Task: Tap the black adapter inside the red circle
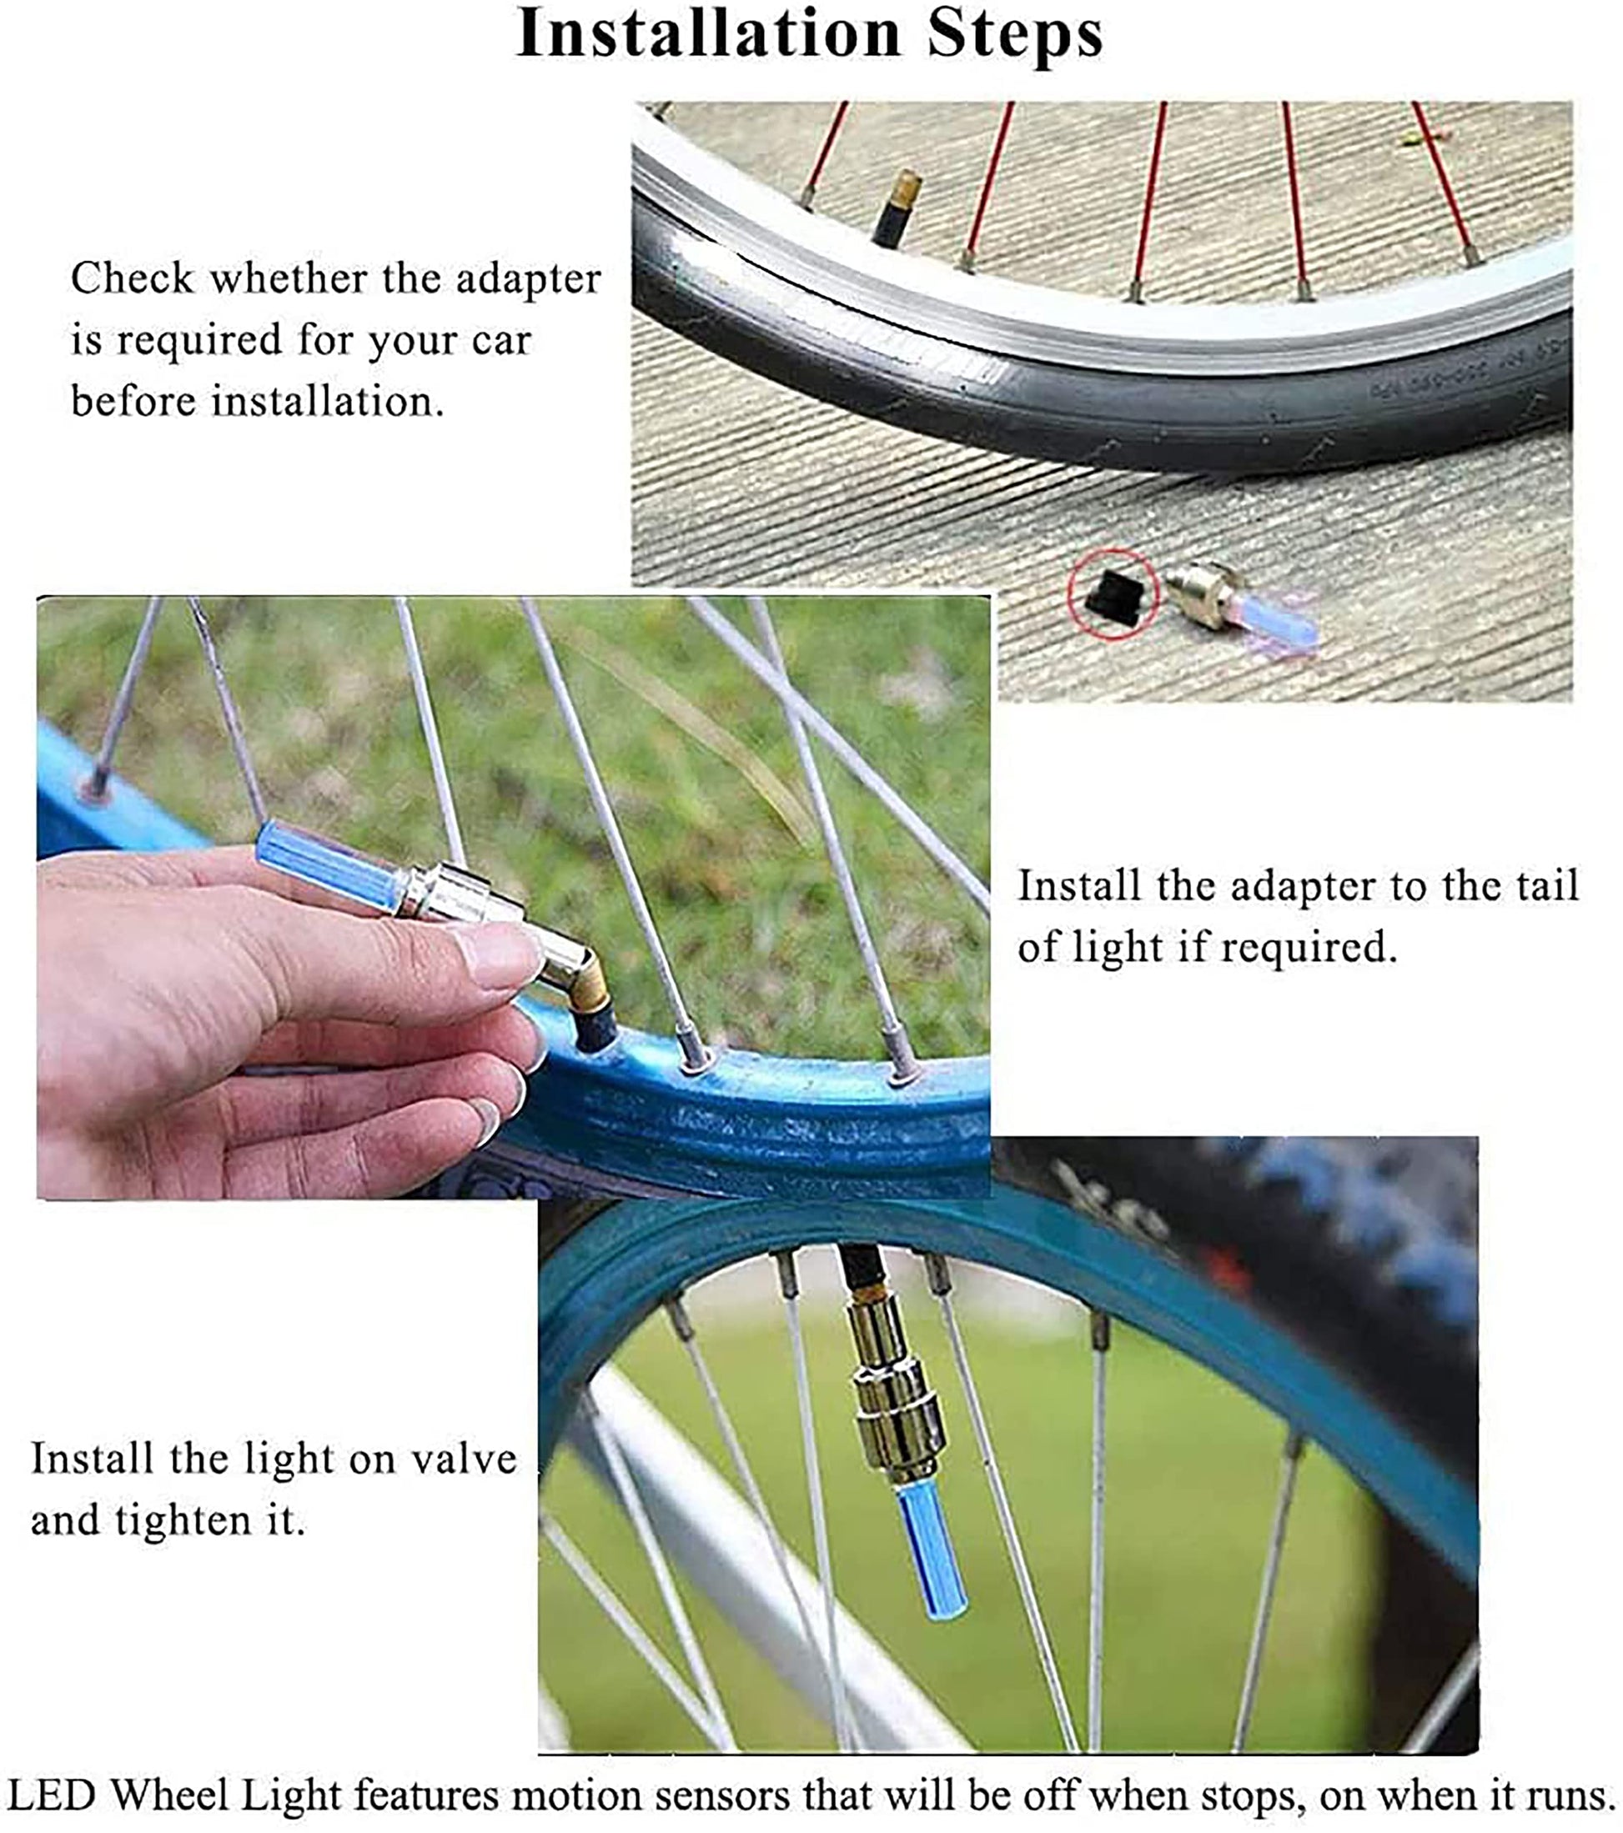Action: [1112, 593]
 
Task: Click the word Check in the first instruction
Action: [132, 278]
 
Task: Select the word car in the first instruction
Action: [502, 341]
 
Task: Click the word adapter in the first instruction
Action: [528, 280]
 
